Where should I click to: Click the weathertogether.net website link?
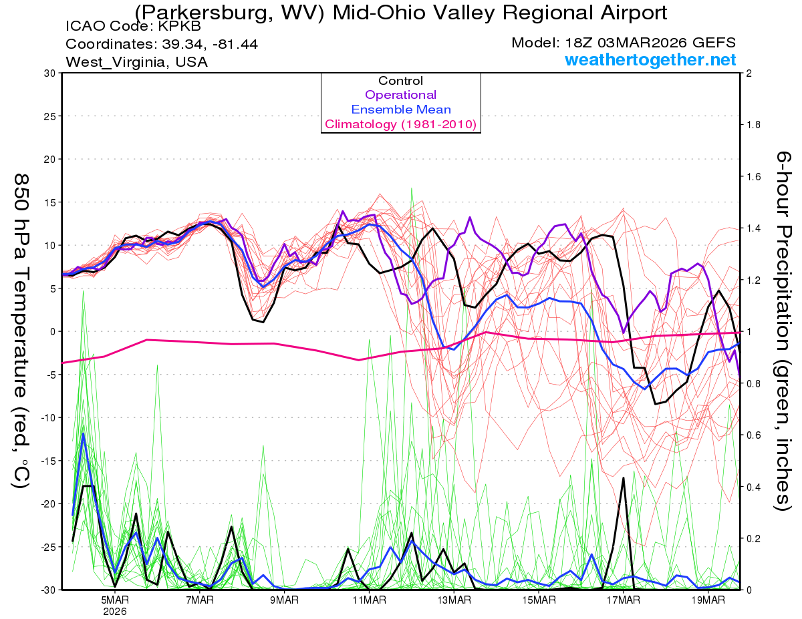pyautogui.click(x=650, y=60)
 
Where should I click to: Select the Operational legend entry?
pyautogui.click(x=400, y=95)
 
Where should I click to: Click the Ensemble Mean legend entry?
pyautogui.click(x=400, y=110)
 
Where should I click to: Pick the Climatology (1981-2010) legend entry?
pyautogui.click(x=400, y=124)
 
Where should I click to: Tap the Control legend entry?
pyautogui.click(x=400, y=81)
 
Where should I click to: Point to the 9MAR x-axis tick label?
pyautogui.click(x=284, y=600)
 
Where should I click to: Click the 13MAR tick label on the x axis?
pyautogui.click(x=453, y=600)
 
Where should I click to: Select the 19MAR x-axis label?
pyautogui.click(x=707, y=600)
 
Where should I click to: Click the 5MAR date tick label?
pyautogui.click(x=115, y=600)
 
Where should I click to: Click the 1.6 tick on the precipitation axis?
pyautogui.click(x=755, y=177)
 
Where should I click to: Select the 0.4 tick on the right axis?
pyautogui.click(x=755, y=487)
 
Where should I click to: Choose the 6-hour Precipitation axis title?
pyautogui.click(x=783, y=331)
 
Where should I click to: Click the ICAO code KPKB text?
pyautogui.click(x=132, y=27)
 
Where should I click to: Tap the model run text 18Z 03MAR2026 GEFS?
pyautogui.click(x=624, y=43)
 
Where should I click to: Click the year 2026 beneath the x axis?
pyautogui.click(x=115, y=611)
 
